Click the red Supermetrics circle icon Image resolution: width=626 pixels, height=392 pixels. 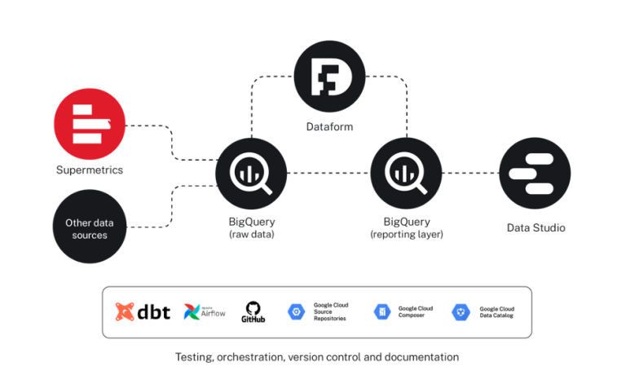(90, 124)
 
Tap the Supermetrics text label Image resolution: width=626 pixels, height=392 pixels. (90, 170)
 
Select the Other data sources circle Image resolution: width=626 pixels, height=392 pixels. (89, 227)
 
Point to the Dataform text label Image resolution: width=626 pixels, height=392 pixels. (329, 127)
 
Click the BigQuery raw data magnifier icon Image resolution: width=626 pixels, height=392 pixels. (251, 173)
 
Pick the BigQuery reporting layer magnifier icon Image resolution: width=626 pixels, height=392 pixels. (406, 173)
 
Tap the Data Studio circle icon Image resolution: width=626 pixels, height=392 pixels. (535, 173)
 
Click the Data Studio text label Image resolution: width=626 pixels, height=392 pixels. (536, 227)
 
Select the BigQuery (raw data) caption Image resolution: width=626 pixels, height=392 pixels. (252, 227)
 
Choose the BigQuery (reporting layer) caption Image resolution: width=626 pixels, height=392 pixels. (407, 227)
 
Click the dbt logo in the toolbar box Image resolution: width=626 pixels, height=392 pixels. (143, 311)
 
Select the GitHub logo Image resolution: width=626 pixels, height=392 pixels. (252, 311)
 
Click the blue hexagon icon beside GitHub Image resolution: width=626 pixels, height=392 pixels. (296, 311)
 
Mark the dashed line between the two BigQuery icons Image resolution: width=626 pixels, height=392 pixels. (328, 173)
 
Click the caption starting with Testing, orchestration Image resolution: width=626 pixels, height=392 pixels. (317, 357)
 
